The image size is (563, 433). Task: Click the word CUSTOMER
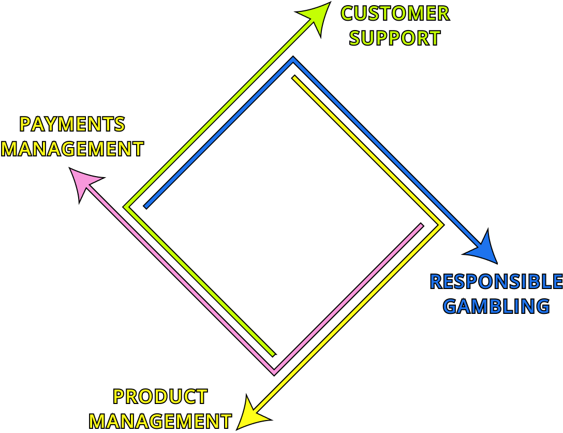click(x=395, y=13)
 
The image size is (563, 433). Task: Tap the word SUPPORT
click(x=395, y=38)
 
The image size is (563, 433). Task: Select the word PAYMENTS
click(x=72, y=124)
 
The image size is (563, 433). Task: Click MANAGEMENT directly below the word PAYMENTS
click(x=72, y=149)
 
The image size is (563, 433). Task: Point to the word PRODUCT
click(x=160, y=397)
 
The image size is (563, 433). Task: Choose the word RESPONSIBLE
click(x=496, y=282)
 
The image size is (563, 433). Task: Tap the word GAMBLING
click(x=496, y=307)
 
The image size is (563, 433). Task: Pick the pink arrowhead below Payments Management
click(x=84, y=182)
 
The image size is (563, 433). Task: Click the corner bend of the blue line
click(x=293, y=60)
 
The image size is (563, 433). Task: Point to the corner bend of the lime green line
click(x=126, y=207)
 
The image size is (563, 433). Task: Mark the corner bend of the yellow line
click(x=441, y=225)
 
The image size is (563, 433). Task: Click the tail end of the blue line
click(x=146, y=207)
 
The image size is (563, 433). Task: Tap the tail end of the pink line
click(x=421, y=225)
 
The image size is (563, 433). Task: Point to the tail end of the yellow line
click(x=294, y=78)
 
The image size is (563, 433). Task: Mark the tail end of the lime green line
click(x=273, y=355)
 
